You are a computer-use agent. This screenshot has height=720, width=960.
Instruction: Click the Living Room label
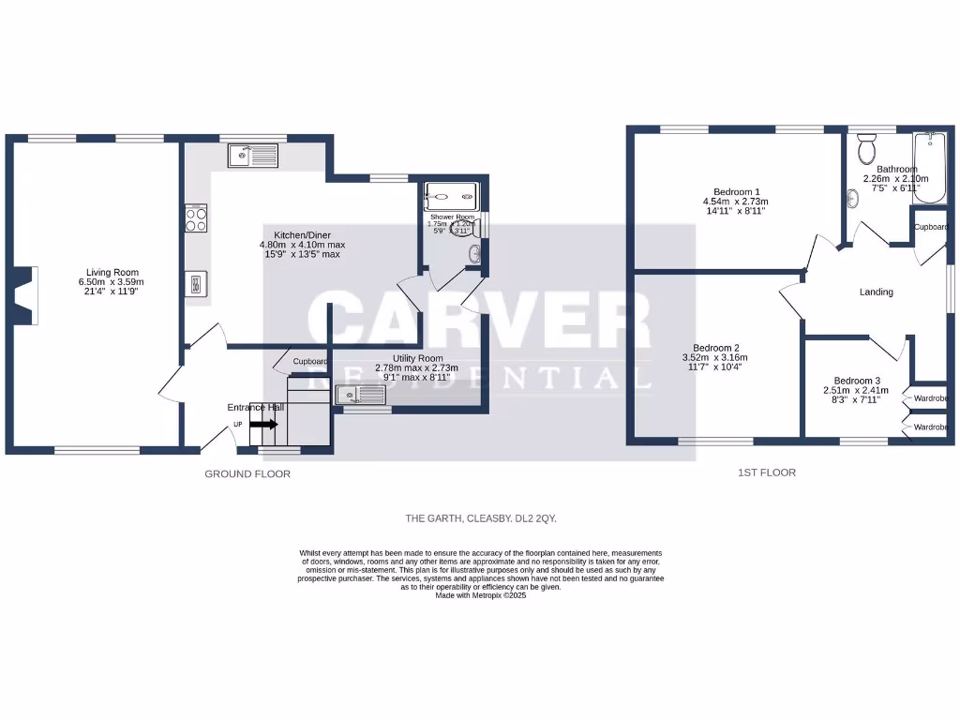tap(107, 272)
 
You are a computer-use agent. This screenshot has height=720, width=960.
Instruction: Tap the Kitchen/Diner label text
tap(302, 234)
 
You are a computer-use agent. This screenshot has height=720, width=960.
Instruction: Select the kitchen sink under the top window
tap(252, 155)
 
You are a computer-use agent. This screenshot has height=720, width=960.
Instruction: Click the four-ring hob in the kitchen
tap(197, 218)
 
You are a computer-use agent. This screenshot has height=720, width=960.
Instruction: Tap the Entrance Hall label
tap(255, 408)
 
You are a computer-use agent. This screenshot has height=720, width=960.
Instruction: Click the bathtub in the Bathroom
tap(929, 169)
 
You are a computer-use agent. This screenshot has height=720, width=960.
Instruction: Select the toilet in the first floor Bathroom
tap(865, 149)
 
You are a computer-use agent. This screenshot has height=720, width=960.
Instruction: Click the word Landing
tap(876, 292)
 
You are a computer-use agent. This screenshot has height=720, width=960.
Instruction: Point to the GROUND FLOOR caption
tap(247, 474)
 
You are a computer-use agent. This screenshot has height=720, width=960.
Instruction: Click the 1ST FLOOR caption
tap(766, 472)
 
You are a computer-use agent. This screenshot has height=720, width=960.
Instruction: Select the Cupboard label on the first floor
tap(931, 227)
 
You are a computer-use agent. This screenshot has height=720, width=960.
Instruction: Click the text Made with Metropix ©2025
tap(481, 595)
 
